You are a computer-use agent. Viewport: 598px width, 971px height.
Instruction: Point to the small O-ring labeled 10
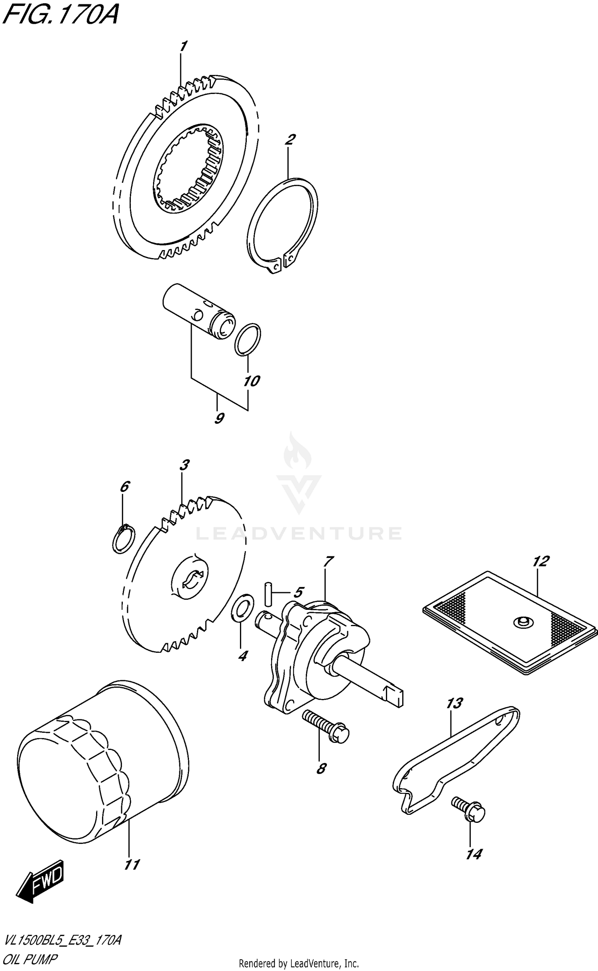pos(247,339)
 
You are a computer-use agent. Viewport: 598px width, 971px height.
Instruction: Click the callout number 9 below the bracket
pos(219,418)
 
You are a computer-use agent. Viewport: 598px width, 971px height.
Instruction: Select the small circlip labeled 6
pos(124,539)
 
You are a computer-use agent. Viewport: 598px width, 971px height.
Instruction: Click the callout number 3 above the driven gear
pos(184,465)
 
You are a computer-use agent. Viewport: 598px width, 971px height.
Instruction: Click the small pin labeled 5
pos(268,593)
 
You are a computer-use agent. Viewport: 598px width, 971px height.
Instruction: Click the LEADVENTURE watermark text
pos(299,533)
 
